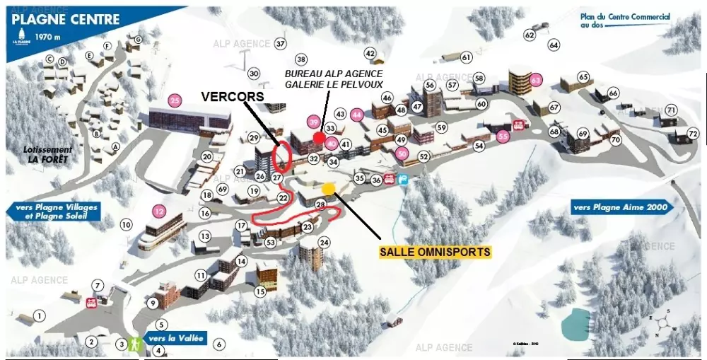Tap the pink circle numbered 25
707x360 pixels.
pyautogui.click(x=175, y=100)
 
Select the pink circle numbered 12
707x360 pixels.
pyautogui.click(x=158, y=210)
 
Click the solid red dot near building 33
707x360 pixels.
pyautogui.click(x=319, y=137)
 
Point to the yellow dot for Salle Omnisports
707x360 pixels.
pyautogui.click(x=328, y=189)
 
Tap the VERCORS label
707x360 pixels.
pyautogui.click(x=233, y=95)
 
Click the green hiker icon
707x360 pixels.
pyautogui.click(x=134, y=344)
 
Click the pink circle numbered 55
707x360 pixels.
pyautogui.click(x=503, y=137)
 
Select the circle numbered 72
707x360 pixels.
pyautogui.click(x=693, y=134)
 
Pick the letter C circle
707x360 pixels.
pyautogui.click(x=49, y=59)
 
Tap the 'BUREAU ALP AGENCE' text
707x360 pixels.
pyautogui.click(x=333, y=73)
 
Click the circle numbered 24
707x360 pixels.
pyautogui.click(x=324, y=243)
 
